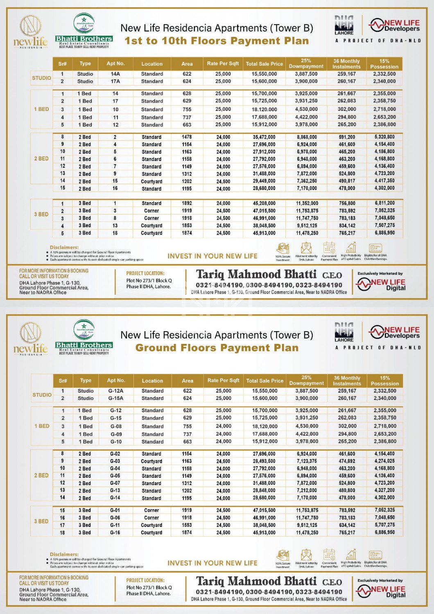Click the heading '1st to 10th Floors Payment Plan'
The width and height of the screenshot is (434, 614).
(217, 41)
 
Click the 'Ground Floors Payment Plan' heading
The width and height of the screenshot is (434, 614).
(217, 348)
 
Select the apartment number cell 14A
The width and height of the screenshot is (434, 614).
(115, 74)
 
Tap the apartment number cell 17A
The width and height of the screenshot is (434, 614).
(115, 81)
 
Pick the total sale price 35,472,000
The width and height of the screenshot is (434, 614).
(264, 137)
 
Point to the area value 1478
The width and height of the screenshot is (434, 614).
(187, 137)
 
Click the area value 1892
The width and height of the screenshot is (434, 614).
(187, 203)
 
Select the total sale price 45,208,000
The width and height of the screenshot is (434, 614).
(264, 203)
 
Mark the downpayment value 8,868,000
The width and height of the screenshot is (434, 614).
(307, 137)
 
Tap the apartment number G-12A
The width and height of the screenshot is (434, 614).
(116, 391)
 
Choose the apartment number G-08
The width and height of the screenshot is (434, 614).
(116, 426)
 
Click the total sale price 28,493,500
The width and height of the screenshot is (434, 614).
(264, 461)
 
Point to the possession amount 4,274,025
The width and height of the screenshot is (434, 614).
(384, 461)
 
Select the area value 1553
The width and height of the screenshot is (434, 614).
(187, 525)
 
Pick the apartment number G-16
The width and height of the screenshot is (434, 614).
(115, 533)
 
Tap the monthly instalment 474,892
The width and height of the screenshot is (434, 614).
(347, 461)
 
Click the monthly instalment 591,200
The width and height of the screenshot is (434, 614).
(347, 137)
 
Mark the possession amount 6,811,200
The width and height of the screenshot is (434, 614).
(384, 203)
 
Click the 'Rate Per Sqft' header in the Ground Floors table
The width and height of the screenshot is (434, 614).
(223, 381)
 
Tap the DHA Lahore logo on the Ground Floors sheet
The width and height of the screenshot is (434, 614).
(344, 332)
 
